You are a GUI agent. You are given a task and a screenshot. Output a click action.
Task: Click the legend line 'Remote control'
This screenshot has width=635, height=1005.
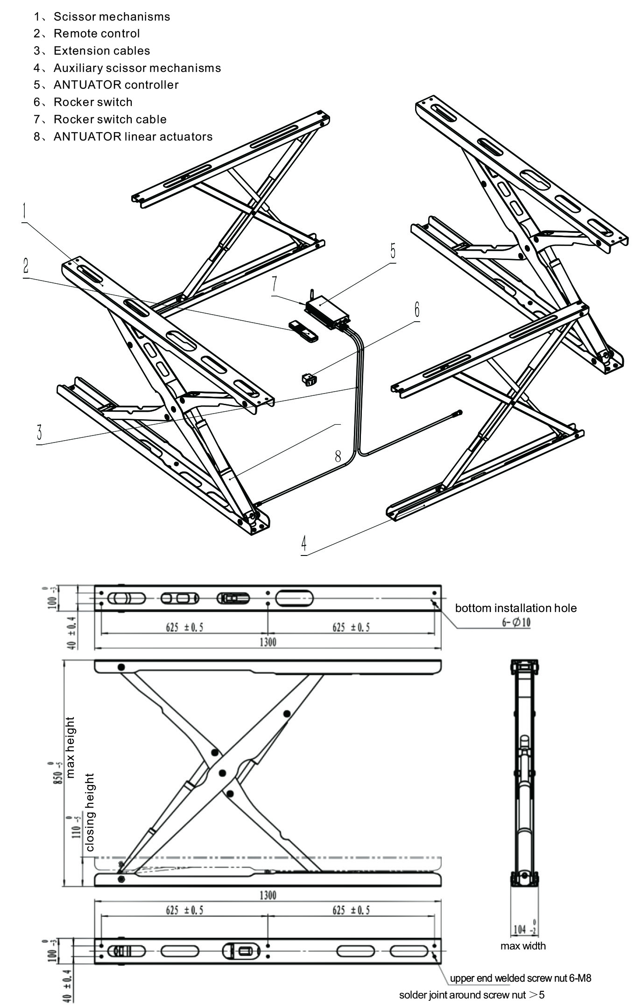[96, 34]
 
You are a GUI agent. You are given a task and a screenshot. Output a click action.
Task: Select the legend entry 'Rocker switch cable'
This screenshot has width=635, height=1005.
[110, 119]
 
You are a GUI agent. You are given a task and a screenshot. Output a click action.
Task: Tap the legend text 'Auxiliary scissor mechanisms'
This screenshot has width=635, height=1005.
[137, 68]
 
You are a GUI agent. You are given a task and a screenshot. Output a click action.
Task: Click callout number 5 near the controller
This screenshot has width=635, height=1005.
[393, 251]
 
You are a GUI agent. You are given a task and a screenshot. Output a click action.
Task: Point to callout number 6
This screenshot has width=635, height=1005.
[416, 309]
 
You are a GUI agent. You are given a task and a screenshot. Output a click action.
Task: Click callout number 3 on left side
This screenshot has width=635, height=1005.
[40, 432]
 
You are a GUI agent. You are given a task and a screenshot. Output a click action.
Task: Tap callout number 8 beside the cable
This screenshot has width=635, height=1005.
[338, 456]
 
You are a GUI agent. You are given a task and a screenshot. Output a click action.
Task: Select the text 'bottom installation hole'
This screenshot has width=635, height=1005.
[515, 608]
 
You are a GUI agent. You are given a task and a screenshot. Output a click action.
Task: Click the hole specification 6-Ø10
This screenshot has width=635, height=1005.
[516, 622]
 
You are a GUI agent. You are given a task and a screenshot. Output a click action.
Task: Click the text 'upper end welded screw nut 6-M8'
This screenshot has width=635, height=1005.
[520, 978]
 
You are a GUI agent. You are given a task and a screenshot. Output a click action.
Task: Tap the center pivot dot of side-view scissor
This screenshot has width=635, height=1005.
[222, 773]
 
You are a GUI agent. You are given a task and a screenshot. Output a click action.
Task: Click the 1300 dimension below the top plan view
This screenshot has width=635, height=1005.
[268, 642]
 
